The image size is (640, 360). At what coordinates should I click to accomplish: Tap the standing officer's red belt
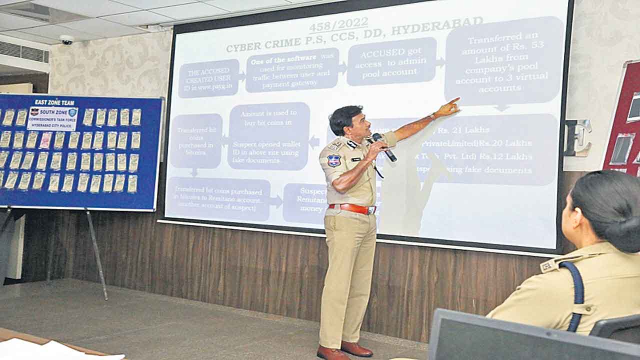tap(352, 208)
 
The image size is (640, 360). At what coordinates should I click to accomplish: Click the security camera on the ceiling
tap(66, 39)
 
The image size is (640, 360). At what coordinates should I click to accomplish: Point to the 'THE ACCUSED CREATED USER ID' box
tap(208, 78)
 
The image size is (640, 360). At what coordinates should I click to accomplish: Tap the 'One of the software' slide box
tap(292, 70)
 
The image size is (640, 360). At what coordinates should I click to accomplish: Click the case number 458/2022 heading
tap(338, 24)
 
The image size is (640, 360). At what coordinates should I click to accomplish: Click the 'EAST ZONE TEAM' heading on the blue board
tap(54, 102)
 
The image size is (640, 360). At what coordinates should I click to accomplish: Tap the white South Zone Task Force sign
tap(53, 118)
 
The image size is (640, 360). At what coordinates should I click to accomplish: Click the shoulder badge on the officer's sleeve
tap(333, 160)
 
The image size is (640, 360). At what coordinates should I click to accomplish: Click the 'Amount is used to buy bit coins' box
tap(269, 136)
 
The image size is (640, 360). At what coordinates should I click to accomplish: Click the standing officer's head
tap(346, 120)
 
